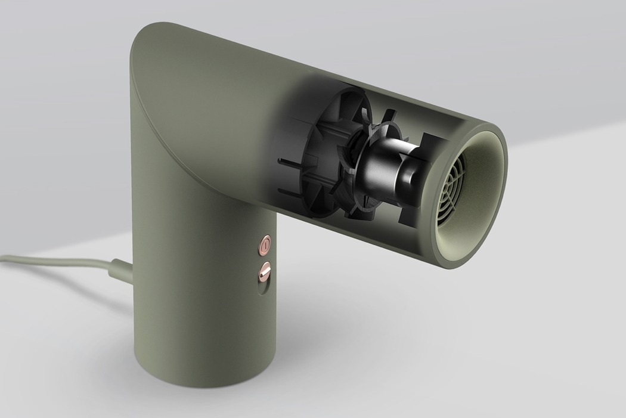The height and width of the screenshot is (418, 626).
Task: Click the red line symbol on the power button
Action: [265, 244]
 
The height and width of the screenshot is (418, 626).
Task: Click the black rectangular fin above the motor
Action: [429, 143]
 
